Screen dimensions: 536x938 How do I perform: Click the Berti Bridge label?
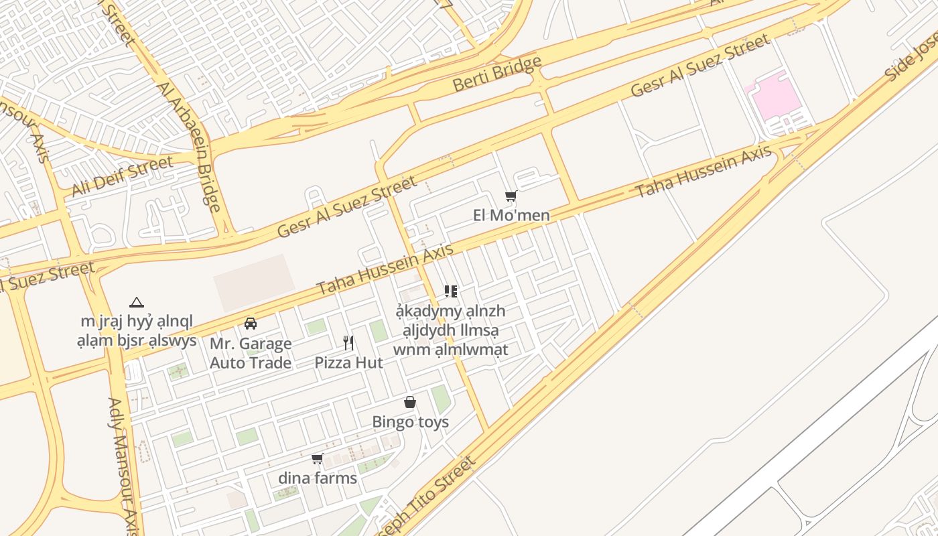click(x=496, y=74)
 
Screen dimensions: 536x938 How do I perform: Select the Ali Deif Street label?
click(x=122, y=176)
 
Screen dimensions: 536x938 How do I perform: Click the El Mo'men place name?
click(x=511, y=215)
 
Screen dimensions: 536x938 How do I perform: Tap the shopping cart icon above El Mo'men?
click(x=511, y=196)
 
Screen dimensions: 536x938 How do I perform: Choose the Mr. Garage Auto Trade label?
click(x=251, y=353)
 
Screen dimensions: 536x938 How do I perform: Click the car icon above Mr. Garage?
click(x=251, y=324)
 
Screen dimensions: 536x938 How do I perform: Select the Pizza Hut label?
click(x=348, y=362)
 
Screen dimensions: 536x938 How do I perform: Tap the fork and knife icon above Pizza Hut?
click(x=348, y=343)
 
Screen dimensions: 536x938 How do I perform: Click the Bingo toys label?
click(x=410, y=422)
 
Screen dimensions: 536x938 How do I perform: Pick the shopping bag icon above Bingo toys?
click(x=410, y=402)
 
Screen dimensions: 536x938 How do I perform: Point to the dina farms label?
click(x=318, y=478)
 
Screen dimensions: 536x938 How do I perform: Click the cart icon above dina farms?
click(x=318, y=459)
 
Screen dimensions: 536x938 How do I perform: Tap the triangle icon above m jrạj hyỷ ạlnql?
click(x=137, y=302)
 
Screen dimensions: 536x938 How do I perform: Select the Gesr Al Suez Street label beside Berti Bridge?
click(x=700, y=66)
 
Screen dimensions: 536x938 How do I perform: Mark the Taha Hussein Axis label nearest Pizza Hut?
click(x=385, y=269)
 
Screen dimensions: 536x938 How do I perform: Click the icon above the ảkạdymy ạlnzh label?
click(x=451, y=291)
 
